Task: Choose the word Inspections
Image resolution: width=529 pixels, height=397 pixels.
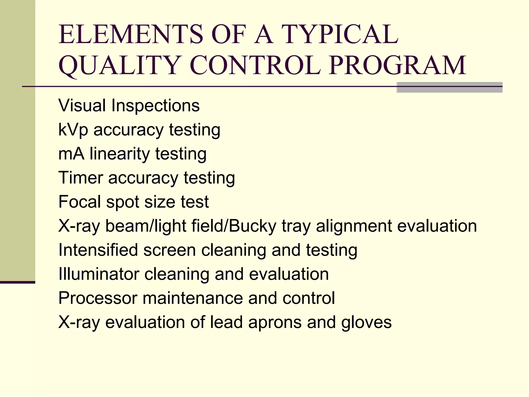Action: (x=155, y=106)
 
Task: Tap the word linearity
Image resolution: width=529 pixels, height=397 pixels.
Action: (x=120, y=154)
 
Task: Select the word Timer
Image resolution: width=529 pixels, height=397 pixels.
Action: (x=81, y=178)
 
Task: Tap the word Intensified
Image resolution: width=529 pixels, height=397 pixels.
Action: (x=98, y=250)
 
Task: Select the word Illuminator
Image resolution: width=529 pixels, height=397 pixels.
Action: (x=99, y=274)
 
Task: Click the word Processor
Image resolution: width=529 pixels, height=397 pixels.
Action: (x=98, y=298)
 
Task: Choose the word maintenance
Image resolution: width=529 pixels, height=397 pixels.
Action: (x=193, y=298)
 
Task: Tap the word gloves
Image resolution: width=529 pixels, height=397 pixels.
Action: (x=366, y=323)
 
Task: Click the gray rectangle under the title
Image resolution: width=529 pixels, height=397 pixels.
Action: (x=449, y=87)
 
